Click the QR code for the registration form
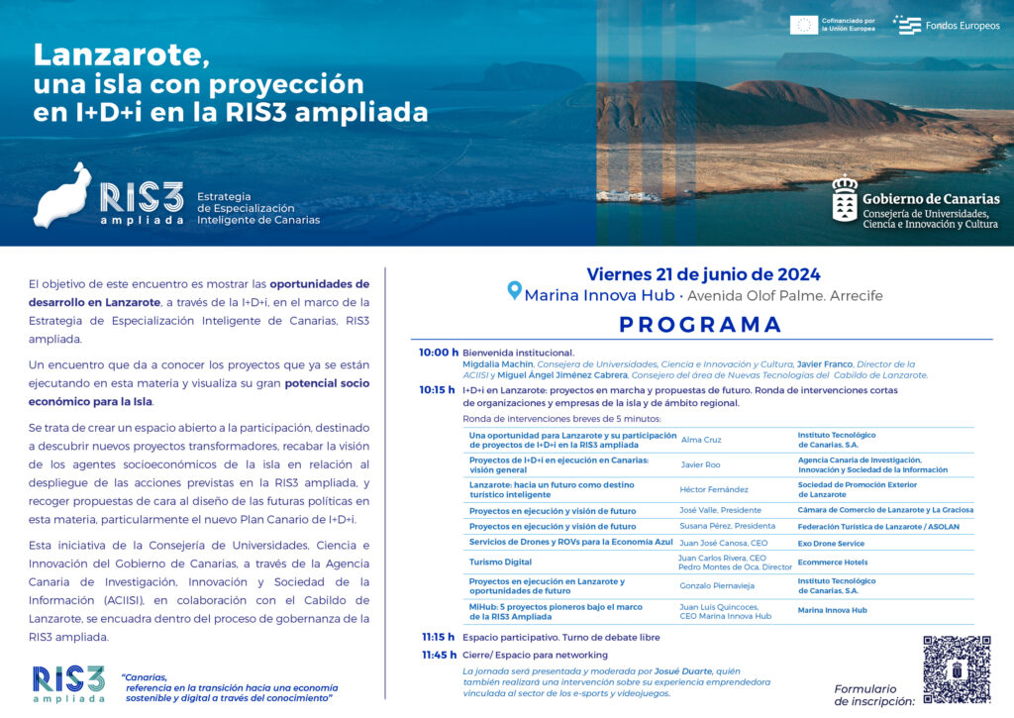click(x=957, y=669)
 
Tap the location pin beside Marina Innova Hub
click(x=514, y=290)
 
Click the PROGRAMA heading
click(x=701, y=325)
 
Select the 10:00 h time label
click(x=439, y=353)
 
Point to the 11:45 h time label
click(x=439, y=655)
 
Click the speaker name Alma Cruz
click(x=701, y=439)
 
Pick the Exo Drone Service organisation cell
click(x=831, y=544)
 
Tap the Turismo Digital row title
click(x=500, y=562)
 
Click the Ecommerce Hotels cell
click(x=833, y=563)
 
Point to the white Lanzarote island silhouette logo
click(x=62, y=195)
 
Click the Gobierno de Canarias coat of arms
click(x=845, y=202)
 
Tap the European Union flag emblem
click(x=803, y=25)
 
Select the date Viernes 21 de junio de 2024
click(x=703, y=274)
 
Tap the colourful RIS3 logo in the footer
click(x=68, y=683)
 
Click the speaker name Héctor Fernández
click(x=714, y=489)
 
